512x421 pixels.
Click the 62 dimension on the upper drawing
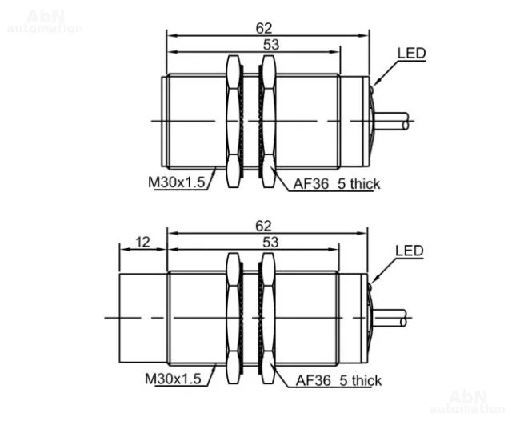tap(264, 28)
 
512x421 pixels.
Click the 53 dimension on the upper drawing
tap(271, 45)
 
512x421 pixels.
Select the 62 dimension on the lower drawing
tap(263, 226)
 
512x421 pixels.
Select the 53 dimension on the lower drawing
tap(270, 243)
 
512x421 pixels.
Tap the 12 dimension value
tap(142, 243)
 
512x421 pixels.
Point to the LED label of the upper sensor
tap(411, 54)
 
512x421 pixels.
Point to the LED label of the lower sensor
tap(409, 251)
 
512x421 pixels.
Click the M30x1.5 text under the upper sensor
tap(176, 182)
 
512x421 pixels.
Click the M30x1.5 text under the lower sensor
tap(173, 379)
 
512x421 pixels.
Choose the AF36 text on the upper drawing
tap(311, 184)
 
